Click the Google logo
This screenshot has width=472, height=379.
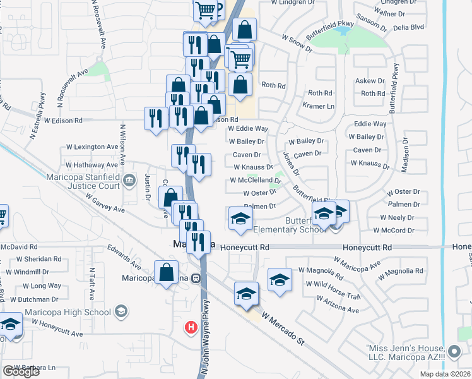click(x=21, y=371)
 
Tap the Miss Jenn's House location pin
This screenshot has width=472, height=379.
click(x=454, y=351)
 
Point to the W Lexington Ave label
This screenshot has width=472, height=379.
click(x=92, y=147)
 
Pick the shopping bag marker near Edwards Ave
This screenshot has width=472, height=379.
click(x=165, y=273)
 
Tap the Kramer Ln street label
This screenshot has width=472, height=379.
click(x=319, y=106)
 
